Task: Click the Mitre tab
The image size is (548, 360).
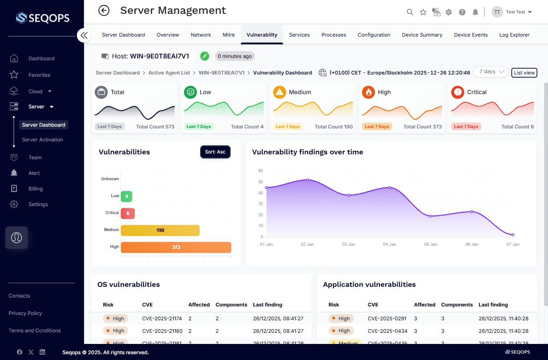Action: point(228,35)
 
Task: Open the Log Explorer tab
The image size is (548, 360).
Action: point(514,35)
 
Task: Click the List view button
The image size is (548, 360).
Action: point(524,73)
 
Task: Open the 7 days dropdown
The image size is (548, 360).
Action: point(491,72)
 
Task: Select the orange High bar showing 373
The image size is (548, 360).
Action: point(176,247)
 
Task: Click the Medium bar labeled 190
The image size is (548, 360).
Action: point(160,230)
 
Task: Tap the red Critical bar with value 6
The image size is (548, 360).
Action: point(128,214)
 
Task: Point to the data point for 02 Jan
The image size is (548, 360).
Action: point(307,180)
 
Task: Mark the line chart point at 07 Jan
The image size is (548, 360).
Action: point(513,235)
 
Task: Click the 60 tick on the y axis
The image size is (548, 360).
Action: point(260,171)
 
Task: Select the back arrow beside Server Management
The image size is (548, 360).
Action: point(104,10)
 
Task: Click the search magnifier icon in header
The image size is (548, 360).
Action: point(410,12)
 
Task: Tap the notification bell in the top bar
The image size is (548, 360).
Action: point(476,12)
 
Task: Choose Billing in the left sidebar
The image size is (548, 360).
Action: point(36,189)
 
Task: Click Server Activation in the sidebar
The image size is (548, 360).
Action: point(42,140)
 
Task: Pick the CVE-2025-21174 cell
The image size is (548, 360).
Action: point(162,319)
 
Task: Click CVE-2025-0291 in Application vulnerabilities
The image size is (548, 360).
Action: point(387,319)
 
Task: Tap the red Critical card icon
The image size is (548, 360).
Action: point(457,92)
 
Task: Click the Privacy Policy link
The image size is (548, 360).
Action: point(25,313)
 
